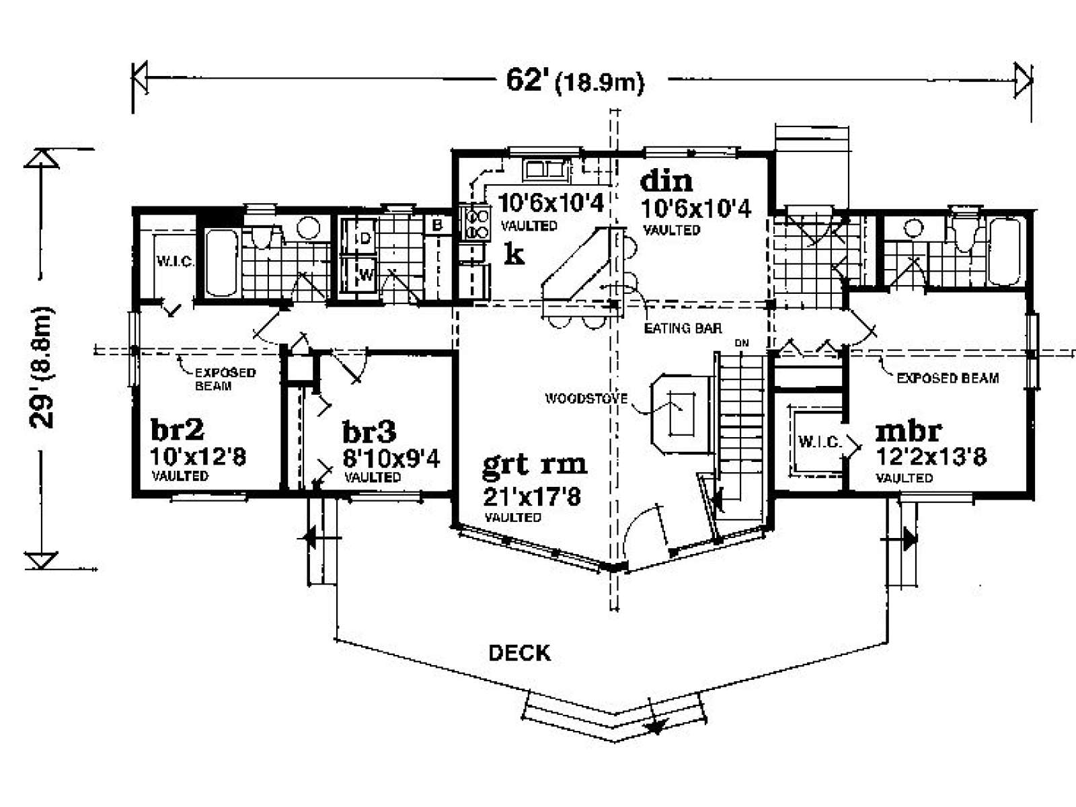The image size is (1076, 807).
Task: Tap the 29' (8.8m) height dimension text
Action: (42, 367)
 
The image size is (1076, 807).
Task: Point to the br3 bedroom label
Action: (369, 432)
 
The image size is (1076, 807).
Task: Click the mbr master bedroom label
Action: (909, 431)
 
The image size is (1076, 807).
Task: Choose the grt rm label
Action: (535, 465)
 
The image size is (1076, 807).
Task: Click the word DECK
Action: (520, 653)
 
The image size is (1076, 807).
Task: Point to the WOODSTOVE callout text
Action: (586, 398)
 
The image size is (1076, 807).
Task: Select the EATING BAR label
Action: (683, 328)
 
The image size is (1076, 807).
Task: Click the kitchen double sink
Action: (546, 169)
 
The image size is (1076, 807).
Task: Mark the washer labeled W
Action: (359, 274)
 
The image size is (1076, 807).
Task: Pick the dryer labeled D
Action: (359, 237)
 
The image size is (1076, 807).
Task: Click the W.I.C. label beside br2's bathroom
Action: (174, 261)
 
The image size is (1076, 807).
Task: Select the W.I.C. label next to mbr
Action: (820, 441)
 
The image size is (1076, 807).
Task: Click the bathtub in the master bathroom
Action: (1005, 252)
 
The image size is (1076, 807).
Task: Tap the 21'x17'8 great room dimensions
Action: (532, 497)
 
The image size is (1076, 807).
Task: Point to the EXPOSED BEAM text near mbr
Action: (948, 378)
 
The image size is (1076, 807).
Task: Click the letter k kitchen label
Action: (514, 254)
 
